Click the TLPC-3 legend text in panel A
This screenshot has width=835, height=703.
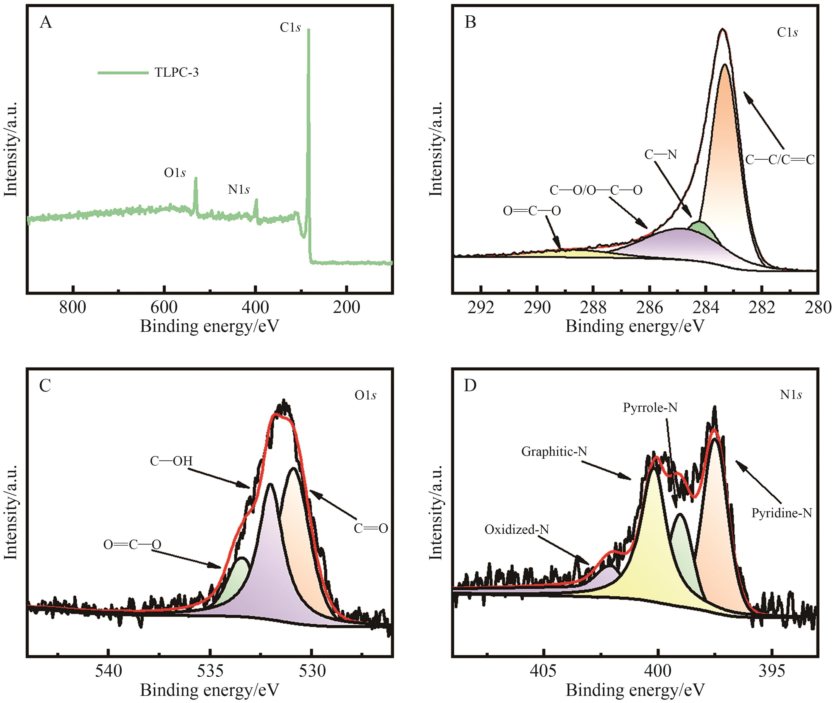177,73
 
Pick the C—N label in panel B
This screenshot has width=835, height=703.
661,154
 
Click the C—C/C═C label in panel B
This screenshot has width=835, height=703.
780,160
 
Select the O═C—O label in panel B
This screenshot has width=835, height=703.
532,211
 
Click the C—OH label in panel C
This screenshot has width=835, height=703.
171,461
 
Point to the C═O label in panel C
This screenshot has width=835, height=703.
371,529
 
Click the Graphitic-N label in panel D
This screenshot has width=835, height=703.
554,452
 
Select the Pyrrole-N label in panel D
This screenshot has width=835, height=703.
650,408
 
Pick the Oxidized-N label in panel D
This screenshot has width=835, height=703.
517,530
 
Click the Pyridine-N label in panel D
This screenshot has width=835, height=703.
782,513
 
